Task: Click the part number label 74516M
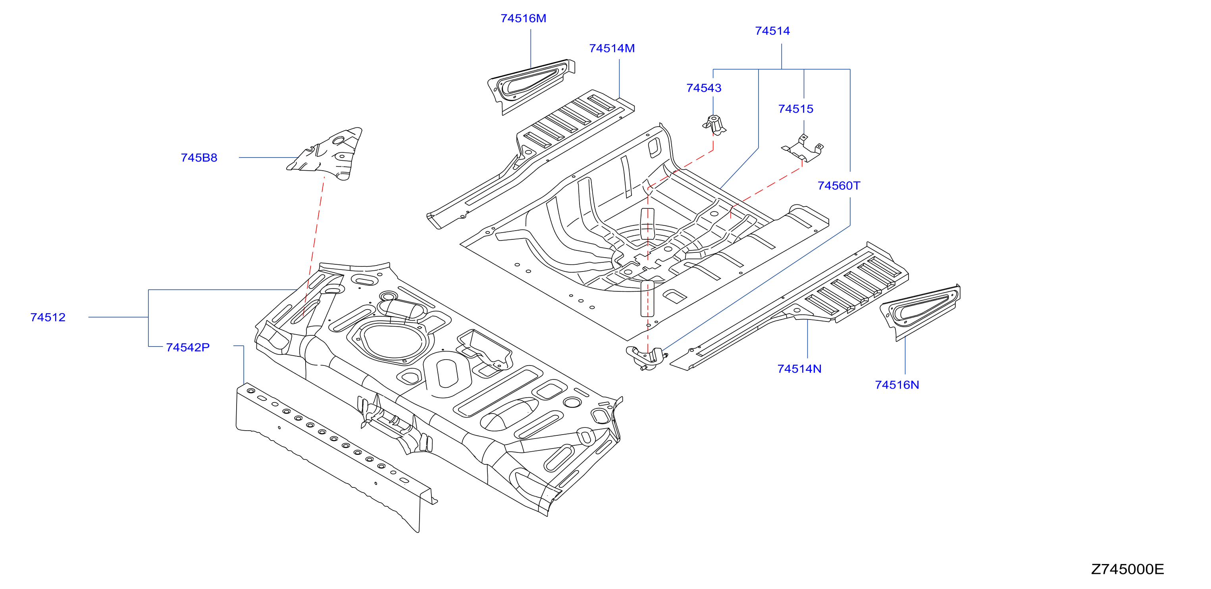pos(523,18)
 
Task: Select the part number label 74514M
pos(612,48)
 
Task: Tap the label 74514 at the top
pos(772,31)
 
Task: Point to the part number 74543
pos(704,88)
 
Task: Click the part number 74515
pos(795,109)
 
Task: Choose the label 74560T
pos(839,186)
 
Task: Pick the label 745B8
pos(199,158)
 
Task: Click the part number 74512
pos(48,317)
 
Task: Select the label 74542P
pos(188,347)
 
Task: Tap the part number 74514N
pos(799,369)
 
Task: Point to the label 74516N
pos(897,385)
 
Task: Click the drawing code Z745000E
pos(1127,569)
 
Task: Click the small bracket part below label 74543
pos(714,125)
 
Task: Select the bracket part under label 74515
pos(803,148)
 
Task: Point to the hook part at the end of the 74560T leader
pos(646,358)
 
